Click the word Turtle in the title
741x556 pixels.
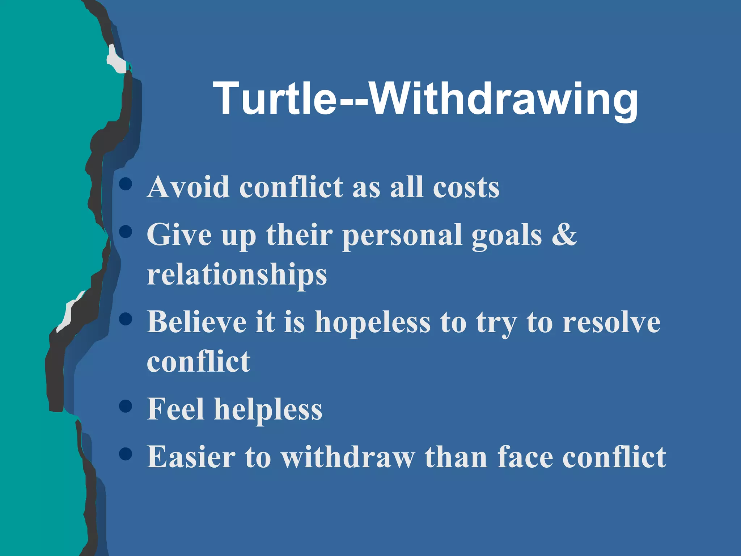pos(275,98)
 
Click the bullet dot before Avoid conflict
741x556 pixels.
pos(125,184)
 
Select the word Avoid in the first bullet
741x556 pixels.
pos(188,187)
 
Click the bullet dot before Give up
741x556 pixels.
pos(125,232)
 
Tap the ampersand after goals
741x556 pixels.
pos(564,234)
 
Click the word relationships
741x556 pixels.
pos(237,275)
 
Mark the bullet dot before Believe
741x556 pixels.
pos(125,319)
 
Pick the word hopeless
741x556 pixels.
pos(373,322)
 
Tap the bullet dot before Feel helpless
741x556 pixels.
pos(125,406)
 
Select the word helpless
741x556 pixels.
pos(268,409)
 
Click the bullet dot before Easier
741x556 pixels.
pos(125,454)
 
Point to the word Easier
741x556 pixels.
pos(191,457)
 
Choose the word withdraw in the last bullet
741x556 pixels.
pos(348,457)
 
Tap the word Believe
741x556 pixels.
pos(196,322)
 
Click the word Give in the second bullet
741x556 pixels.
pos(179,235)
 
